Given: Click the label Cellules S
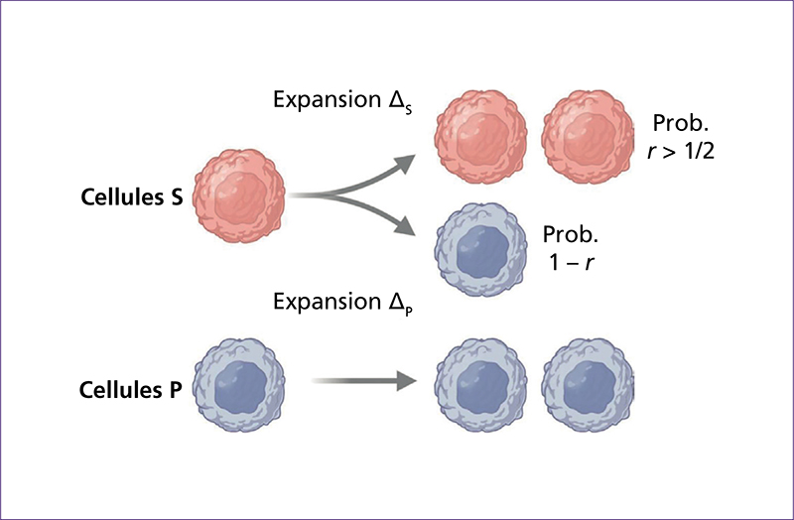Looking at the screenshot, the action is tap(132, 196).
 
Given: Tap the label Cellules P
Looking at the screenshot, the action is tap(131, 390).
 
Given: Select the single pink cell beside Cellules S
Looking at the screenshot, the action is tap(239, 195).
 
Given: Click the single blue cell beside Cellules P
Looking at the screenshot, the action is tap(239, 385).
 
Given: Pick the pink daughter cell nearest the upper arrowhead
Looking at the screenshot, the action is tap(480, 137).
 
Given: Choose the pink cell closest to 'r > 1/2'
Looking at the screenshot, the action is tap(588, 137).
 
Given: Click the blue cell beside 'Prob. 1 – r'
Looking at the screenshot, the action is tap(480, 250).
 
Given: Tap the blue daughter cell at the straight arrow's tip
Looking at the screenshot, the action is tap(480, 385).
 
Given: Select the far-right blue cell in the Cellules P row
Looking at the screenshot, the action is tap(588, 385).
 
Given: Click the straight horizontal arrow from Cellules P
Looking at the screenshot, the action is tap(363, 381).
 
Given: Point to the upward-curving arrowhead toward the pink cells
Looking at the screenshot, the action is tap(405, 163).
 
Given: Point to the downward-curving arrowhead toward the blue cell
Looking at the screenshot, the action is tap(405, 226).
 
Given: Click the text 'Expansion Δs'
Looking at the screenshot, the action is tap(342, 101).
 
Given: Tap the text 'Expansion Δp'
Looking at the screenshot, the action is tap(342, 304).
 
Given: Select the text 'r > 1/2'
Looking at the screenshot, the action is tap(681, 151).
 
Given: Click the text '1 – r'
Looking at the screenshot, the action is tap(571, 262).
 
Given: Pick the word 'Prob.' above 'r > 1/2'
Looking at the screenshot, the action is tap(680, 123).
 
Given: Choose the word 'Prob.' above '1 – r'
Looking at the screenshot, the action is tap(570, 234).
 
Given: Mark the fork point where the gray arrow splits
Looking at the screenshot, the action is tap(331, 195).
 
